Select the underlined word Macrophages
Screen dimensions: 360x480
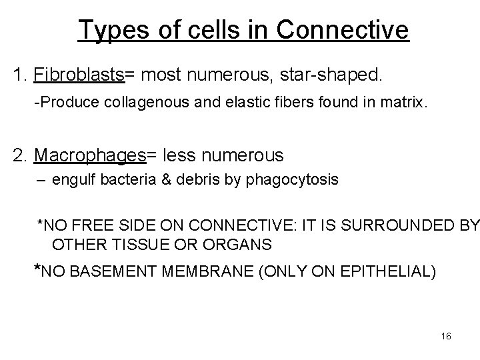click(x=90, y=156)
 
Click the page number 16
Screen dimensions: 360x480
click(x=446, y=336)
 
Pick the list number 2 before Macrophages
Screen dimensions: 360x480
click(x=19, y=156)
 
